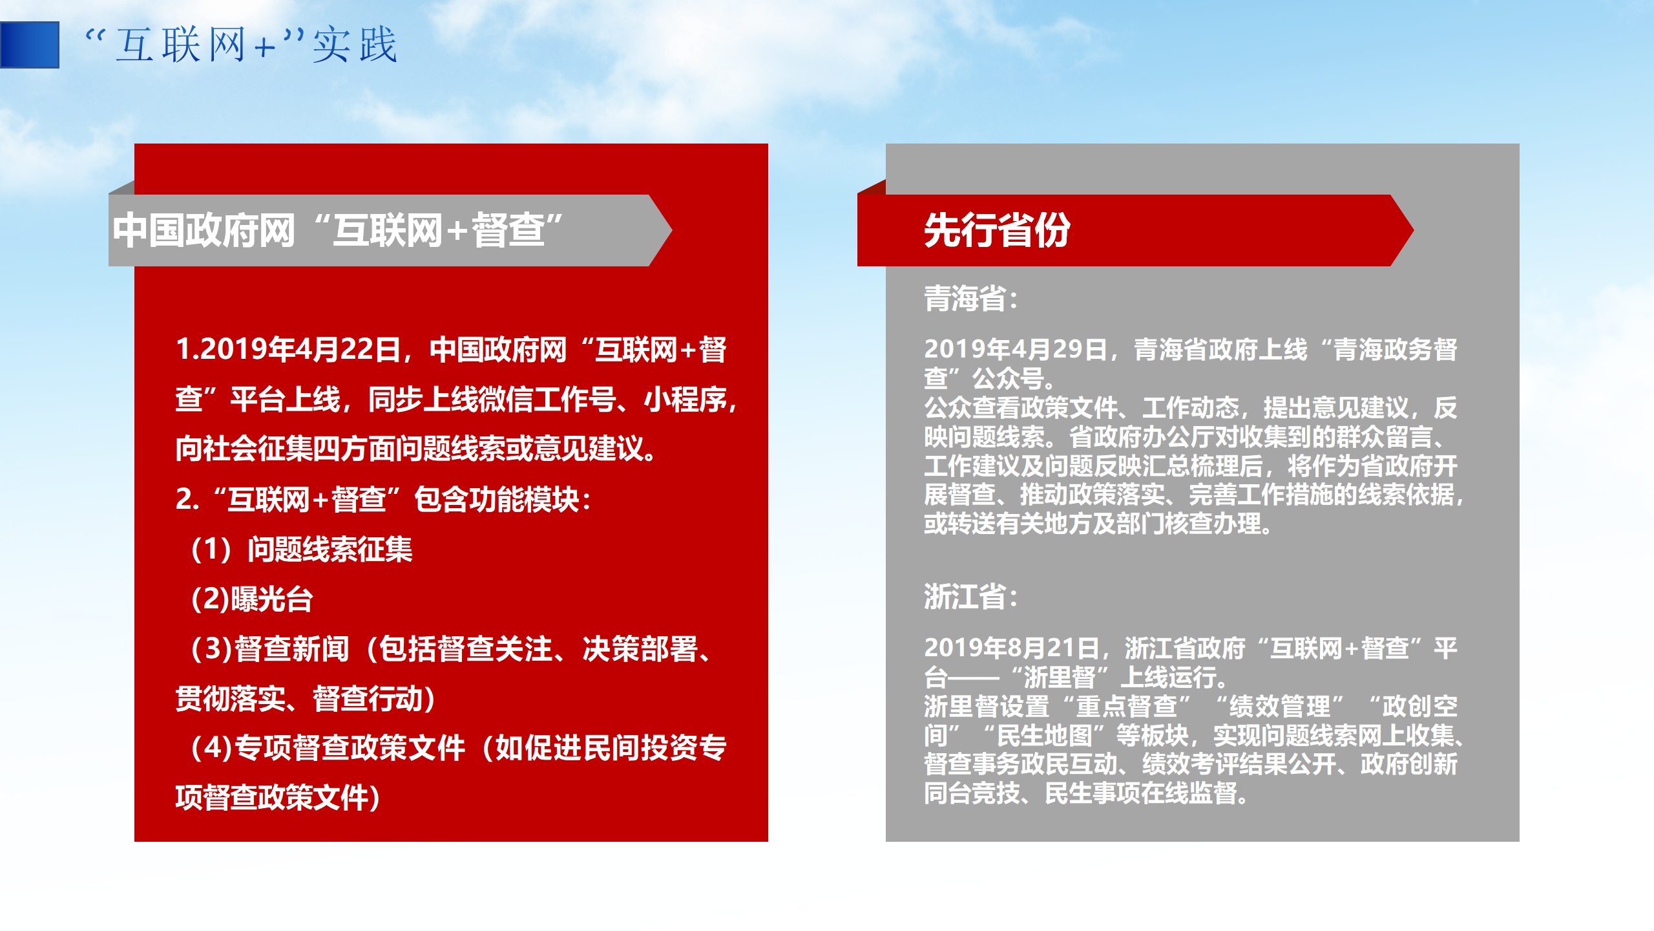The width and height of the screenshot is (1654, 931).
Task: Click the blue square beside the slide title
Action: (x=30, y=45)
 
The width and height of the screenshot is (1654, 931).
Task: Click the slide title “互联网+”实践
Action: (x=241, y=45)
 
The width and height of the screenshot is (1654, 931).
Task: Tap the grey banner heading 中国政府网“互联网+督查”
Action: (x=337, y=230)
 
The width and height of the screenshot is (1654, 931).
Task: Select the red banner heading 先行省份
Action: (x=997, y=230)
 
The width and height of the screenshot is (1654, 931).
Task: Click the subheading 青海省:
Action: (x=972, y=299)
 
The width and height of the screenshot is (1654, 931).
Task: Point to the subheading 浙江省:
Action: (x=972, y=596)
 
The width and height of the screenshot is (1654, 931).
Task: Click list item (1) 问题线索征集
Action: (x=302, y=550)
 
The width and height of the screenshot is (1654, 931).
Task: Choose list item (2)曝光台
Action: (x=252, y=599)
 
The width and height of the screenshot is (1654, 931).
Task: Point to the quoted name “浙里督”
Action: (x=1060, y=678)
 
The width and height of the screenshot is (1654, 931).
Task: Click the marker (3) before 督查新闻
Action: (x=211, y=649)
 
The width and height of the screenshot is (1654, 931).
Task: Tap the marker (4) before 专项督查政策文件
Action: (x=211, y=748)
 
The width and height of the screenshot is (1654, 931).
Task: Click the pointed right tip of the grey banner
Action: (x=672, y=230)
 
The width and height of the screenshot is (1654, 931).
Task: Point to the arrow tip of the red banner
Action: (x=1413, y=230)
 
